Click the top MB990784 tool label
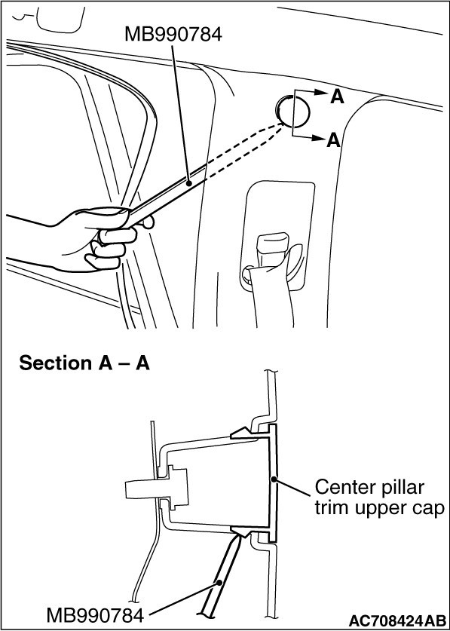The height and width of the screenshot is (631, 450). [x=173, y=34]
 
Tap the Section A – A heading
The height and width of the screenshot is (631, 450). [x=84, y=363]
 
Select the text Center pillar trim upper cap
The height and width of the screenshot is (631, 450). [x=379, y=498]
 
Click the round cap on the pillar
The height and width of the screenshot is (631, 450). [x=293, y=109]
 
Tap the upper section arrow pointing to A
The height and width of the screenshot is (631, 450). [x=311, y=92]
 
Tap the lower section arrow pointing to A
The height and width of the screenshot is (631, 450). [x=311, y=139]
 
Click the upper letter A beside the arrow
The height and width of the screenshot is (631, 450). [x=337, y=97]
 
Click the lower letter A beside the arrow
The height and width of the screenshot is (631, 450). [x=334, y=140]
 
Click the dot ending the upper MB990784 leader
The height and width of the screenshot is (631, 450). [x=188, y=183]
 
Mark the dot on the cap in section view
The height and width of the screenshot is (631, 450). [x=274, y=479]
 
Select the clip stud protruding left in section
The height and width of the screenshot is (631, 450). [x=157, y=489]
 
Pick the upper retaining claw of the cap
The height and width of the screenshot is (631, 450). [x=243, y=433]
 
